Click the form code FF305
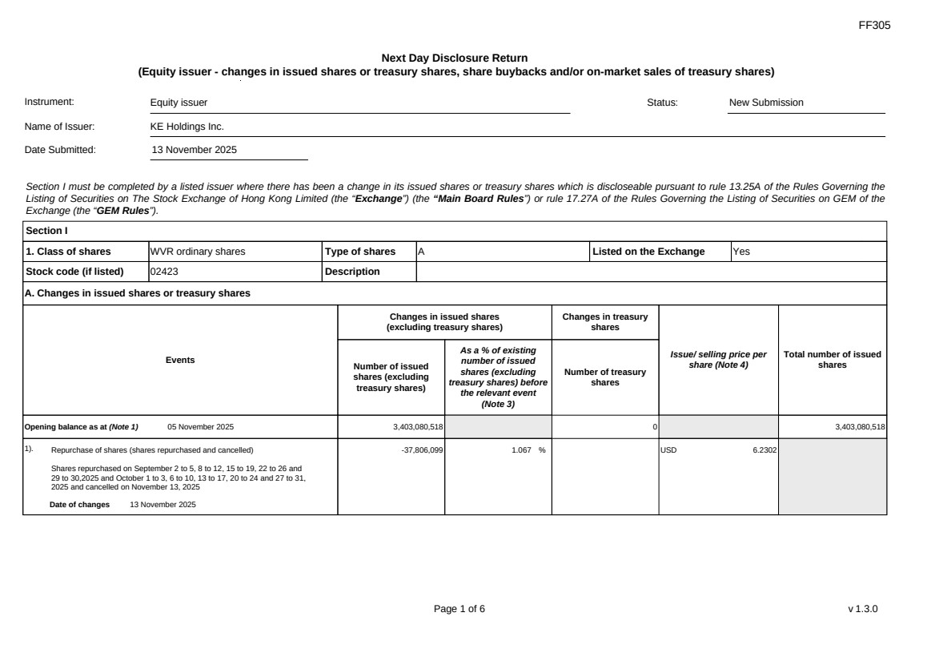pyautogui.click(x=874, y=26)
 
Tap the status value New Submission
pyautogui.click(x=766, y=103)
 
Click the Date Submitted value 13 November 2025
pyautogui.click(x=195, y=150)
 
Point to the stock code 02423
pyautogui.click(x=165, y=272)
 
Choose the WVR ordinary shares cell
pyautogui.click(x=198, y=252)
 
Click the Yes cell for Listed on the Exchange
pyautogui.click(x=741, y=252)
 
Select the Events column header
pyautogui.click(x=180, y=361)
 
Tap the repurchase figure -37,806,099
pyautogui.click(x=422, y=450)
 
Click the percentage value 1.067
pyautogui.click(x=523, y=450)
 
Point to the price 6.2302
pyautogui.click(x=764, y=450)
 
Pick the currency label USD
pyautogui.click(x=669, y=450)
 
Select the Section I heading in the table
pyautogui.click(x=46, y=231)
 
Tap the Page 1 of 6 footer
pyautogui.click(x=459, y=609)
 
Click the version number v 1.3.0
pyautogui.click(x=863, y=609)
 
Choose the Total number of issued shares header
pyautogui.click(x=833, y=360)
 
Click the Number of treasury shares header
pyautogui.click(x=605, y=377)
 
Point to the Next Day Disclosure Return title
pyautogui.click(x=455, y=58)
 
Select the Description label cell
pyautogui.click(x=352, y=272)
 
